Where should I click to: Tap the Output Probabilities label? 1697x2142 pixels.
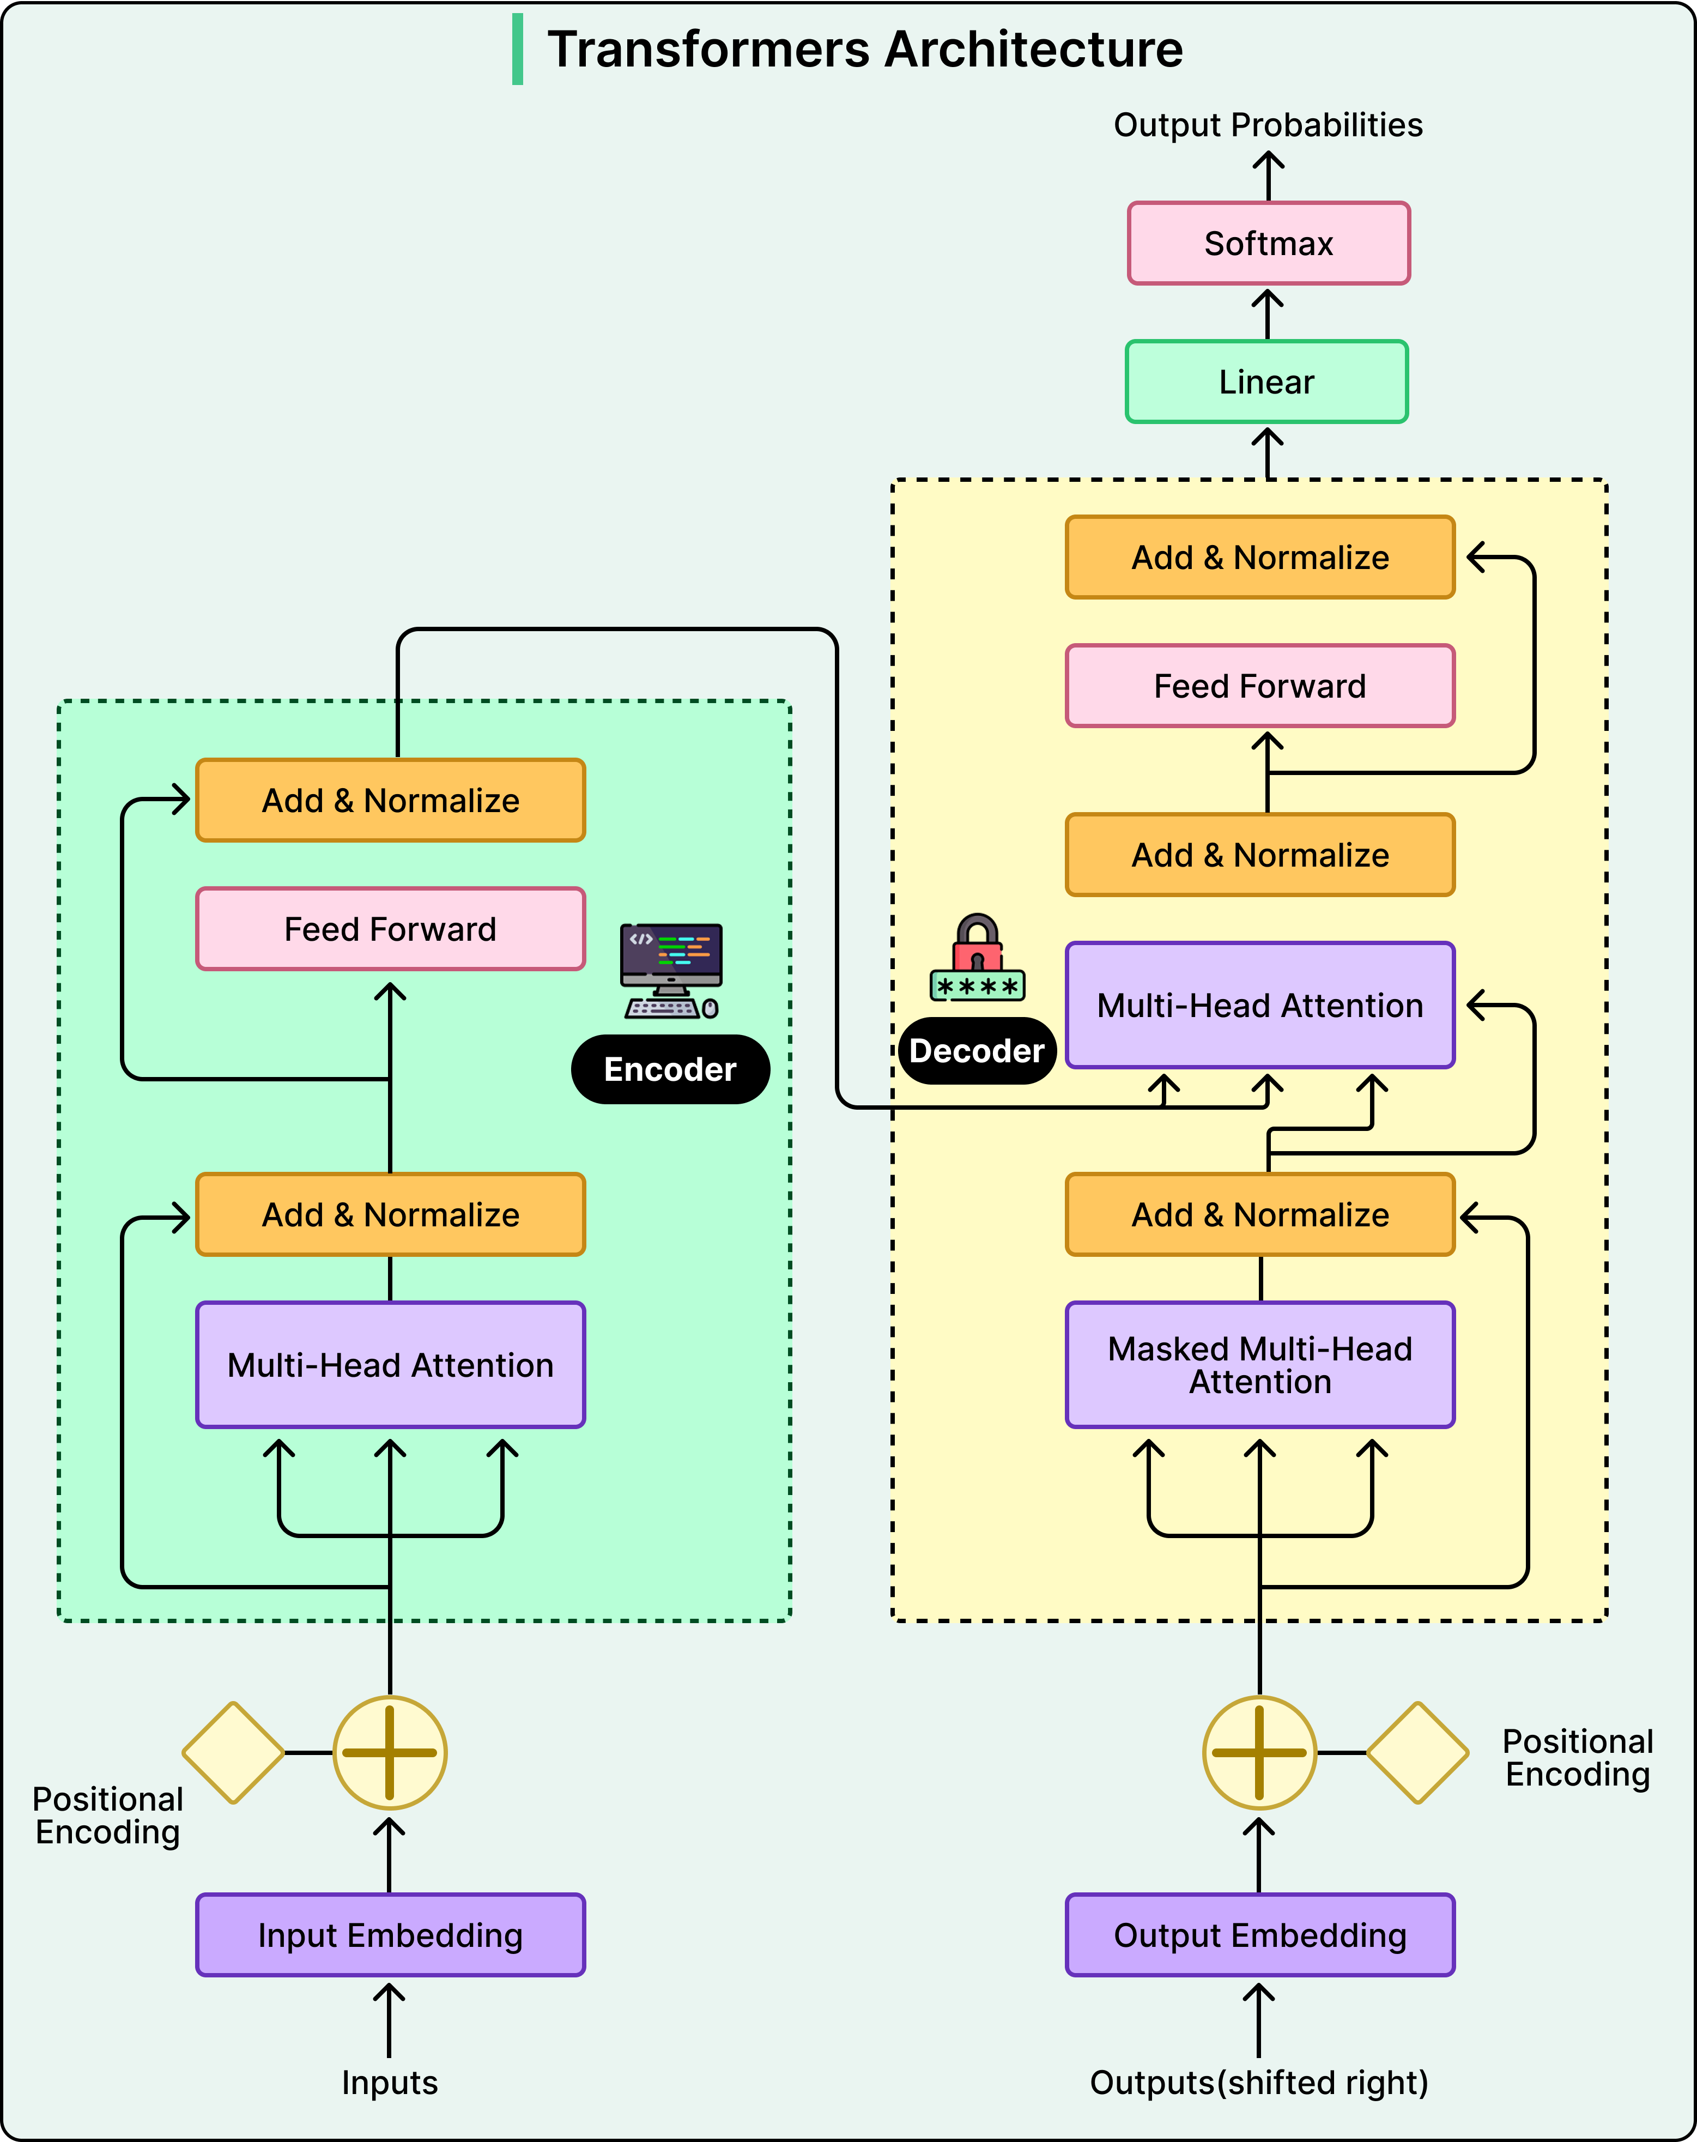(1268, 125)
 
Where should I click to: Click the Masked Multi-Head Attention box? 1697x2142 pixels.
(1260, 1365)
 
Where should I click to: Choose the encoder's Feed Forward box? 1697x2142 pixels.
(391, 929)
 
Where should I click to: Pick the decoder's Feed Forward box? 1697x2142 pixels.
(1260, 686)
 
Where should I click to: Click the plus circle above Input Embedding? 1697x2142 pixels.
(390, 1752)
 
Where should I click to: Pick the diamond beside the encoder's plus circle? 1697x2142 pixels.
(233, 1752)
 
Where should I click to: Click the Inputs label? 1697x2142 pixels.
(390, 2083)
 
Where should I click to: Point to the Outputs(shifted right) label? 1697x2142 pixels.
(1259, 2083)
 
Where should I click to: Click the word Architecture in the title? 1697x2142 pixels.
(1033, 50)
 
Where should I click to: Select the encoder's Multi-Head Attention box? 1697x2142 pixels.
(391, 1365)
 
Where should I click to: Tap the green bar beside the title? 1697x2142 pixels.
(518, 50)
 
